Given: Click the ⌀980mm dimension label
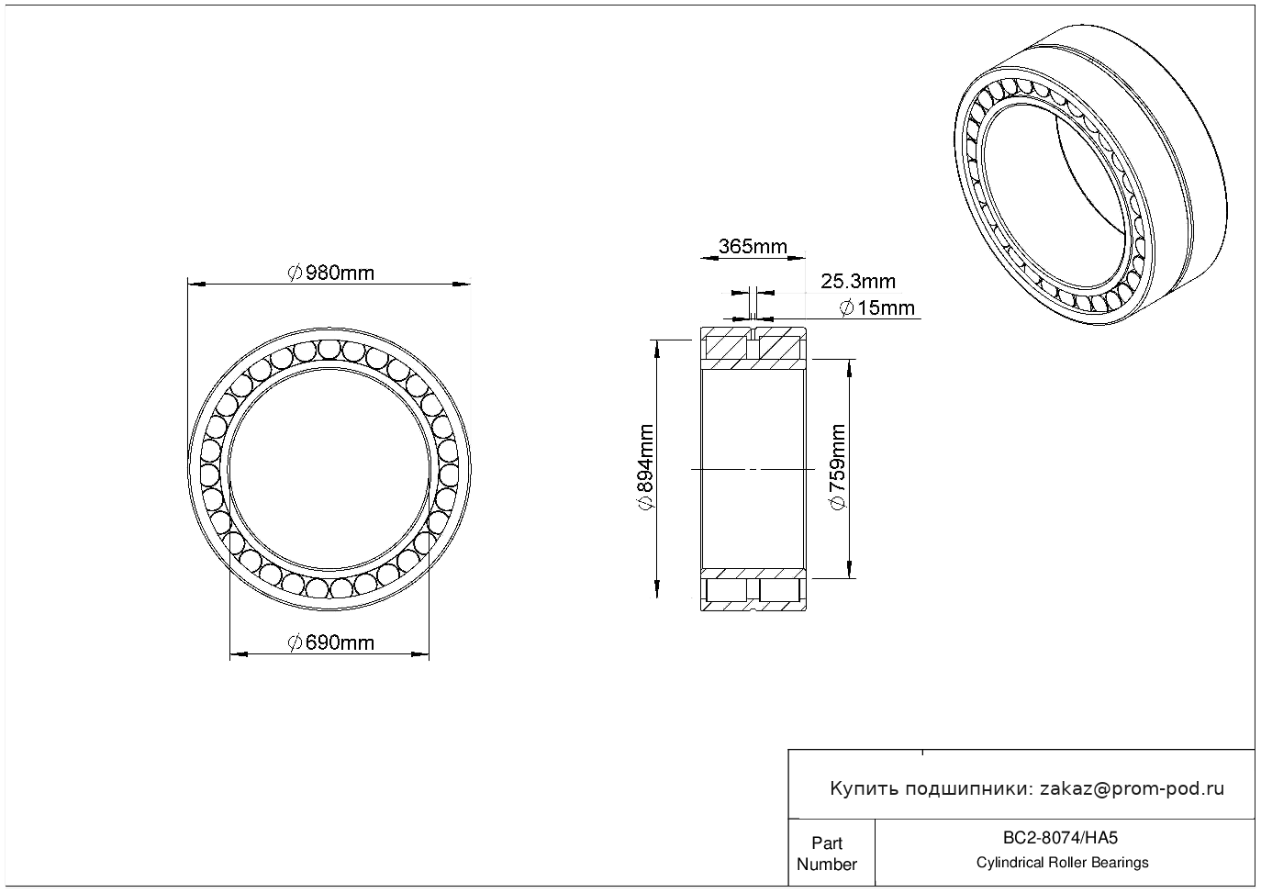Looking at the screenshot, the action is coord(331,273).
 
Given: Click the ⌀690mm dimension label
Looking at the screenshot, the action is coord(331,642).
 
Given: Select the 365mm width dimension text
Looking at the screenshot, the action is coord(753,246).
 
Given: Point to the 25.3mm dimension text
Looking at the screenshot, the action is coord(858,281).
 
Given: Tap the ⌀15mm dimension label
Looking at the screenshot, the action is coord(876,308).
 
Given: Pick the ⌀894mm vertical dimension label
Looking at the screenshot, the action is coord(646,467).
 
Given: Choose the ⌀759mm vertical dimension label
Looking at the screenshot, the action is coord(838,467).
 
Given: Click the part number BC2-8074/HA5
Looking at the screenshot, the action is coord(1060,838).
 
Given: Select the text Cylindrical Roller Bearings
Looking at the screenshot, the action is coord(1062,863).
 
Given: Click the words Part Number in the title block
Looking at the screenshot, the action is coord(826,854).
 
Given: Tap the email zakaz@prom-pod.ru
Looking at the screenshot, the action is coord(1132,789).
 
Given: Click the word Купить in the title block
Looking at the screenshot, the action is coord(865,789).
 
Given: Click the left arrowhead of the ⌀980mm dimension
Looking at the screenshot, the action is coord(196,284).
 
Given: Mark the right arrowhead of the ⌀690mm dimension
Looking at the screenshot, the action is coord(420,654).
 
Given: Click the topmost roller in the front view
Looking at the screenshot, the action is coord(329,349).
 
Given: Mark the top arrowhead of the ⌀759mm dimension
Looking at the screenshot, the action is coord(849,368).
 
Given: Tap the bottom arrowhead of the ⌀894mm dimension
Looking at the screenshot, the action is coord(656,589).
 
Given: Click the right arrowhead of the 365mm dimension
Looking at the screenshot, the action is coord(797,259).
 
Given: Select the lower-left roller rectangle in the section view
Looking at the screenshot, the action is coord(727,590).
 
